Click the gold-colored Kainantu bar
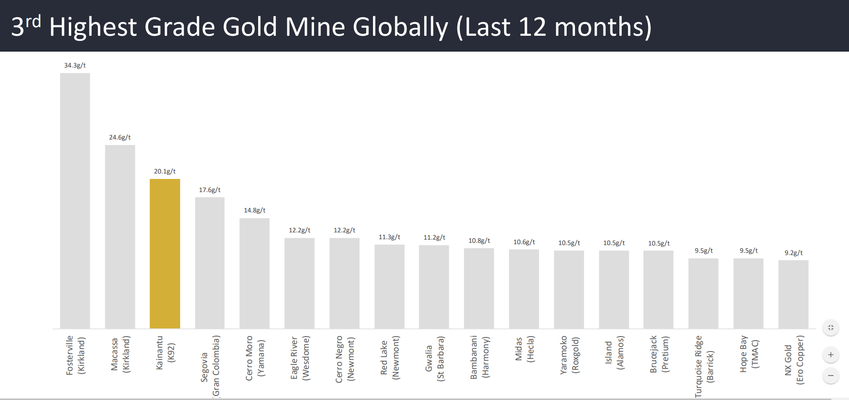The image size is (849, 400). (x=165, y=254)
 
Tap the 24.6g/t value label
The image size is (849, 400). (x=120, y=137)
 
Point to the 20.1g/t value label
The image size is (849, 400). (x=165, y=171)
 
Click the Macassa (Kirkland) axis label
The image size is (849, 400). (x=120, y=354)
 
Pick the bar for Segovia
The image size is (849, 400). (x=210, y=263)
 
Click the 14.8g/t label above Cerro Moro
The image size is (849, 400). (x=255, y=210)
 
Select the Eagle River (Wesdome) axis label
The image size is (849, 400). (x=300, y=358)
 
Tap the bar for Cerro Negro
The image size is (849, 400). (x=344, y=283)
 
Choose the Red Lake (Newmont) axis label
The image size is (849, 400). (x=390, y=358)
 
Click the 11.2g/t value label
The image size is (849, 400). (x=434, y=237)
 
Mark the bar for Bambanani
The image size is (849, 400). (x=479, y=288)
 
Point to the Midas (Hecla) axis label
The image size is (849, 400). (x=525, y=349)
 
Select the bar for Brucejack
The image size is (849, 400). (x=658, y=289)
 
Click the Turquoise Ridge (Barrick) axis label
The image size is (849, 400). (x=704, y=366)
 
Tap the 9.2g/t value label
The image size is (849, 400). (x=794, y=253)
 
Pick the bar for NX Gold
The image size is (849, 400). (x=793, y=294)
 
